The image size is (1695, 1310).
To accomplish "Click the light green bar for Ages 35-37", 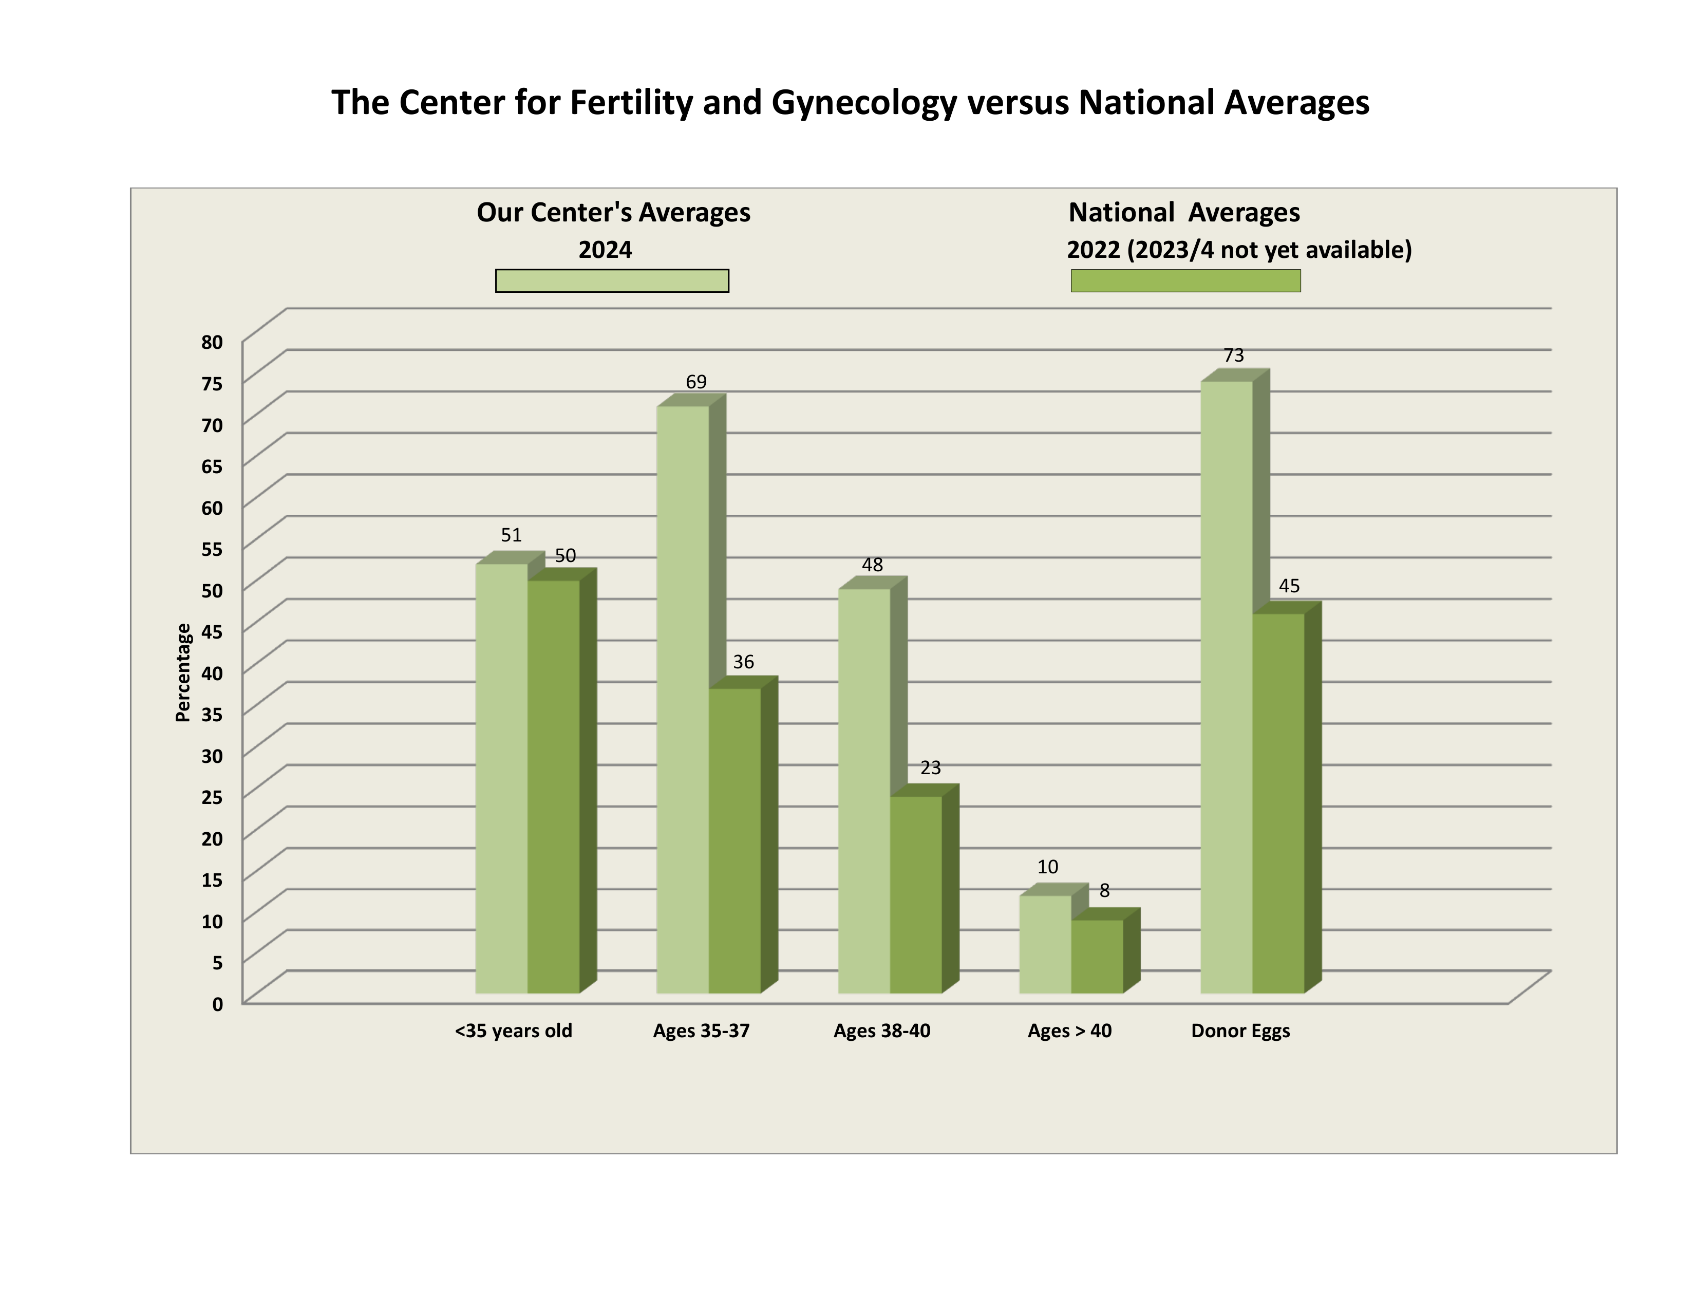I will tap(682, 699).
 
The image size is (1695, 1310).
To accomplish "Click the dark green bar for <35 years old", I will tap(553, 786).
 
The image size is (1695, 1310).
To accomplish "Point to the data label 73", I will tap(1233, 355).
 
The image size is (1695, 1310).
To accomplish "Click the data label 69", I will tap(696, 382).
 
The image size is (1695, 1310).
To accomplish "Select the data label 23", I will tap(931, 768).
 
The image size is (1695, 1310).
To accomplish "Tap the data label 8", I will tap(1104, 891).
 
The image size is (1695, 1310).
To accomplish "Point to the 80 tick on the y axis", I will tap(212, 342).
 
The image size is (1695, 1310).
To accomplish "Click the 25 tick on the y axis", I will tap(212, 797).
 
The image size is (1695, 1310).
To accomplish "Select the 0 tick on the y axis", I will tap(217, 1004).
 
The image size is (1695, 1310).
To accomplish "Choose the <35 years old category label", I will tap(513, 1031).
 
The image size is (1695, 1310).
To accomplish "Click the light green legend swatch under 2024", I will tap(612, 280).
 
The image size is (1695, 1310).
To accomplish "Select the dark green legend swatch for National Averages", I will tap(1185, 280).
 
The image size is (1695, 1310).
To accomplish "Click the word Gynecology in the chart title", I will tap(864, 102).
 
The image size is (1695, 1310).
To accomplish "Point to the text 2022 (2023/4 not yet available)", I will tap(1239, 250).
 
